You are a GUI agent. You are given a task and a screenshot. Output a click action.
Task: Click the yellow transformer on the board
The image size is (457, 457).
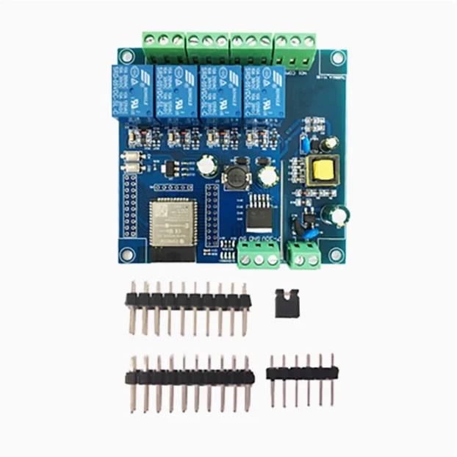(x=320, y=170)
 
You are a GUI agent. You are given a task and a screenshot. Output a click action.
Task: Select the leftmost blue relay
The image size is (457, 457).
(x=132, y=92)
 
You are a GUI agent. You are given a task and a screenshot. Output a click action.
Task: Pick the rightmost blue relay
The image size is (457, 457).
(x=265, y=90)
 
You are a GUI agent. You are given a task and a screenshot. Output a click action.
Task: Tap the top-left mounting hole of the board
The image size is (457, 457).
(x=127, y=56)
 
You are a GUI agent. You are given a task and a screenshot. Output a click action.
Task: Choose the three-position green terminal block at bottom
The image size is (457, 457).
(x=258, y=253)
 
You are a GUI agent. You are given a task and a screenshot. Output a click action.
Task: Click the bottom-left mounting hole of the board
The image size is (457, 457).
(x=127, y=253)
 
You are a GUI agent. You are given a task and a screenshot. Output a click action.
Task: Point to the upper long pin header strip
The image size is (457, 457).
(x=187, y=300)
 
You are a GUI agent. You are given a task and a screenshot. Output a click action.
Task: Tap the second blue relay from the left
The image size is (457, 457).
(x=176, y=91)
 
